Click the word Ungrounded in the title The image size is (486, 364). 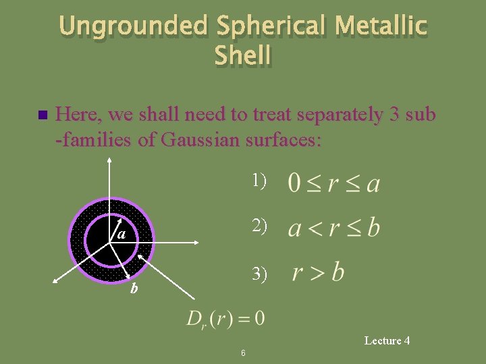tap(133, 26)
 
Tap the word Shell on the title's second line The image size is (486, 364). tap(243, 55)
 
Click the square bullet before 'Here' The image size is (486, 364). tap(43, 115)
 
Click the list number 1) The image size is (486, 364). tap(259, 181)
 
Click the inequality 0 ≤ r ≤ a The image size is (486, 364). tap(333, 183)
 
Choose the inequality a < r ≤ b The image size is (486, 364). tap(333, 229)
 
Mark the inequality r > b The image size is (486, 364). tap(318, 274)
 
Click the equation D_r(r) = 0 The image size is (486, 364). tap(225, 317)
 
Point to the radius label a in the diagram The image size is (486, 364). tap(121, 234)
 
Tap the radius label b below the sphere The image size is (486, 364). tap(134, 289)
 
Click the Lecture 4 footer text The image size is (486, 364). tap(387, 340)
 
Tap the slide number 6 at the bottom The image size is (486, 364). tap(243, 353)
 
